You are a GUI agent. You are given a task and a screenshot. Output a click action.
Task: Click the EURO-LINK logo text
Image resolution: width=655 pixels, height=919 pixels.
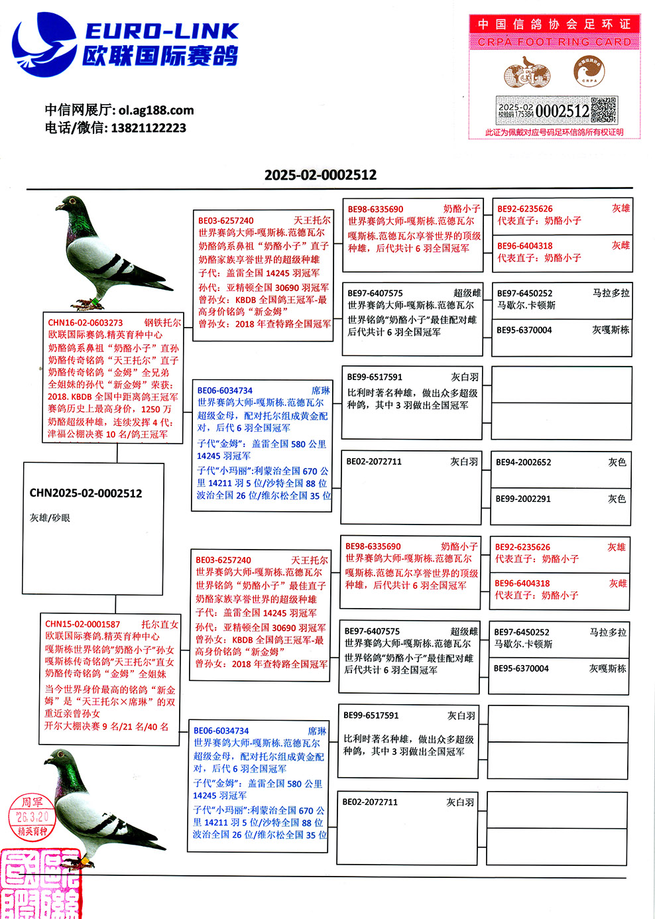click(162, 31)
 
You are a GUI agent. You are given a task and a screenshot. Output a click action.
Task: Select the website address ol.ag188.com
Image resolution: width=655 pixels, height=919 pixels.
click(156, 110)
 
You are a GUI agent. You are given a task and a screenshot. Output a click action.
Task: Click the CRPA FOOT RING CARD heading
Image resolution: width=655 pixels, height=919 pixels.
click(554, 42)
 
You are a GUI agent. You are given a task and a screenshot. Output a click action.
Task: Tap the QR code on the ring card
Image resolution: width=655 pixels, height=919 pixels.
click(603, 111)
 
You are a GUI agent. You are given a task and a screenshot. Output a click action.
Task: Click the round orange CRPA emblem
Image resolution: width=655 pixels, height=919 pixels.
click(589, 72)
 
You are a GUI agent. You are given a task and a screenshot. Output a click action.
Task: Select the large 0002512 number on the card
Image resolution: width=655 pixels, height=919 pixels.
click(562, 111)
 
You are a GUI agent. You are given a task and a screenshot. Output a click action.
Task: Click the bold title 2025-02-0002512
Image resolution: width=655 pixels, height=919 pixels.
click(320, 175)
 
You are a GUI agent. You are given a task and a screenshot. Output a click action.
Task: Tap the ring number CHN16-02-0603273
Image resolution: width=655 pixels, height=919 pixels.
click(86, 323)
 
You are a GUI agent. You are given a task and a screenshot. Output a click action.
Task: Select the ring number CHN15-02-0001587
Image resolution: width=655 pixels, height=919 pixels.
click(83, 624)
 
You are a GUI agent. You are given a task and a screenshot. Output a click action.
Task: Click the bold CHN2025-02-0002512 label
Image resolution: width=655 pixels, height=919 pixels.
click(86, 493)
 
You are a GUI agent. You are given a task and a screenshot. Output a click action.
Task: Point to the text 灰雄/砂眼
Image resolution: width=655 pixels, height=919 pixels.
click(50, 518)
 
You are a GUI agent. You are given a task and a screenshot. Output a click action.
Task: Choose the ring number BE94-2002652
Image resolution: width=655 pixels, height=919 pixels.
click(524, 462)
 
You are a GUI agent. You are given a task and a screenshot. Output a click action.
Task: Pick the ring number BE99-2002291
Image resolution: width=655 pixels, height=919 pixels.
click(524, 499)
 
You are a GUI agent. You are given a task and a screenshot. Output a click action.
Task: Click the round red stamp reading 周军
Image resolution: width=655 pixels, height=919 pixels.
click(32, 816)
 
